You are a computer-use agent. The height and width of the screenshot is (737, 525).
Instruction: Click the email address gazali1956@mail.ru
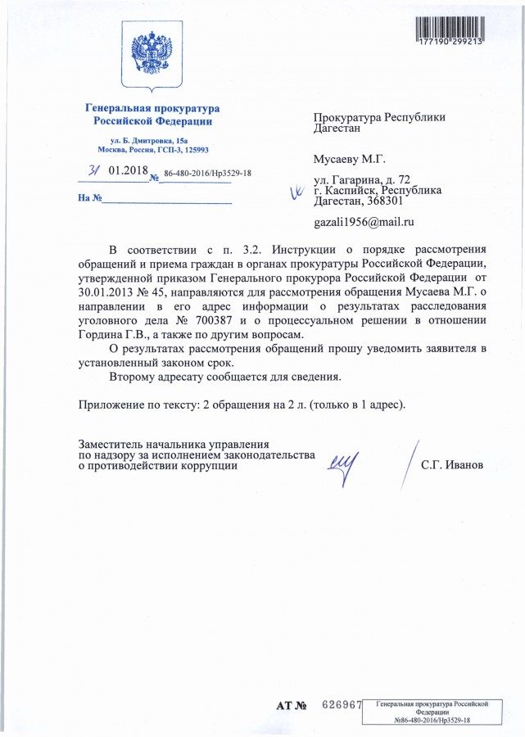[x=364, y=222]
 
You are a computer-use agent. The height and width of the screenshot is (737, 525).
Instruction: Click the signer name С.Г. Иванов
[x=452, y=465]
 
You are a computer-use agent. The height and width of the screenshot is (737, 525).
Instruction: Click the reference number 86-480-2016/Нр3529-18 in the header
[x=207, y=174]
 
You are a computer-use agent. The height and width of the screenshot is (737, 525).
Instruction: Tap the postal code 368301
[x=382, y=201]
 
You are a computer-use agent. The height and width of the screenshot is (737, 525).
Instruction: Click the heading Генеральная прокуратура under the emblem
[x=153, y=109]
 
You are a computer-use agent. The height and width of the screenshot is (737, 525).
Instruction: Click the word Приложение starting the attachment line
[x=113, y=405]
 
